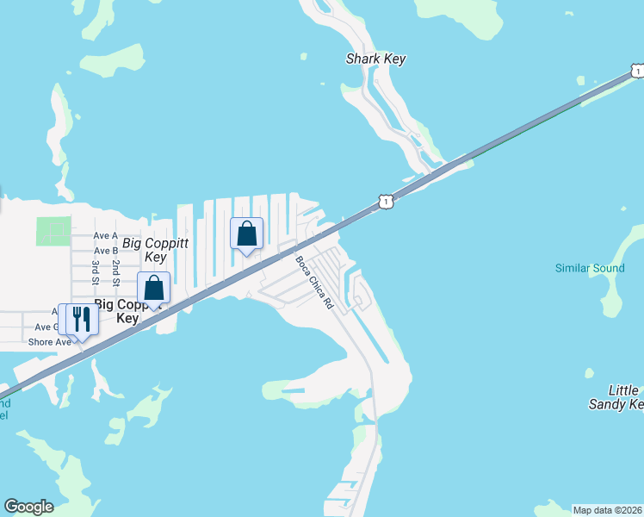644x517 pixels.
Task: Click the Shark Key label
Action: [x=375, y=59]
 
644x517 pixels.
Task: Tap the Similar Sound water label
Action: [x=590, y=268]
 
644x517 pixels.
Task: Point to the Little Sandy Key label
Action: [x=615, y=397]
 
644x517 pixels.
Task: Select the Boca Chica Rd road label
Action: [x=314, y=283]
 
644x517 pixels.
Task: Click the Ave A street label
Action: [x=105, y=235]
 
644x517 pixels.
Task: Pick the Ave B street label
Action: [x=105, y=251]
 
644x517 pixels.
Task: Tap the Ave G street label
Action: [x=46, y=327]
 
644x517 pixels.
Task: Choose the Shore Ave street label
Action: [x=50, y=342]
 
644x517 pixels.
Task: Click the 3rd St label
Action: [x=95, y=271]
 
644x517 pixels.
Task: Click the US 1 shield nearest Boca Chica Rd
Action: [x=387, y=201]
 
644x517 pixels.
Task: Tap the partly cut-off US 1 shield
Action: [x=636, y=71]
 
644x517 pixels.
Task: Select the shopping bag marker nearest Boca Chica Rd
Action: [x=246, y=234]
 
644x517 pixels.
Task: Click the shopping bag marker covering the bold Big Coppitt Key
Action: [x=154, y=289]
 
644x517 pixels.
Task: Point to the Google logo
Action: [x=28, y=507]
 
